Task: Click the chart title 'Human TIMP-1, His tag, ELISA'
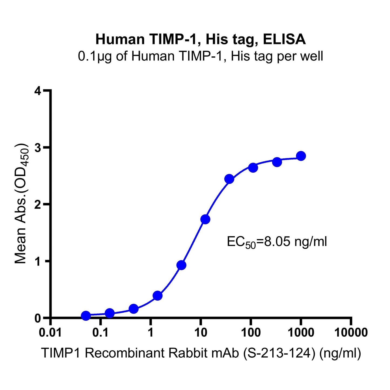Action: click(x=201, y=39)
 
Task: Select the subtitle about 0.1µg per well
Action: click(x=201, y=56)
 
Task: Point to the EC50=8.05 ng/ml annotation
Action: click(x=277, y=242)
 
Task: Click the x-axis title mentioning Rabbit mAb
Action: click(x=201, y=353)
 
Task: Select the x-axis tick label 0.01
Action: click(x=50, y=333)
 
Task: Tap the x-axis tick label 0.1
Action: click(x=100, y=333)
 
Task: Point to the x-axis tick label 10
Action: click(x=201, y=333)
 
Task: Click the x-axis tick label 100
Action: click(x=251, y=333)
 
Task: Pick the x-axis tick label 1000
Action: click(x=301, y=333)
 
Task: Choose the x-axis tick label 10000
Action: click(x=351, y=333)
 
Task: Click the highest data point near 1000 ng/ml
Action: click(x=301, y=156)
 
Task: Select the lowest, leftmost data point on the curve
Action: click(x=86, y=316)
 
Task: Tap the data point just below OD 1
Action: click(x=181, y=265)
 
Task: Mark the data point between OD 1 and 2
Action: click(x=205, y=219)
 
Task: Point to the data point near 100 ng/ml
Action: click(x=253, y=168)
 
